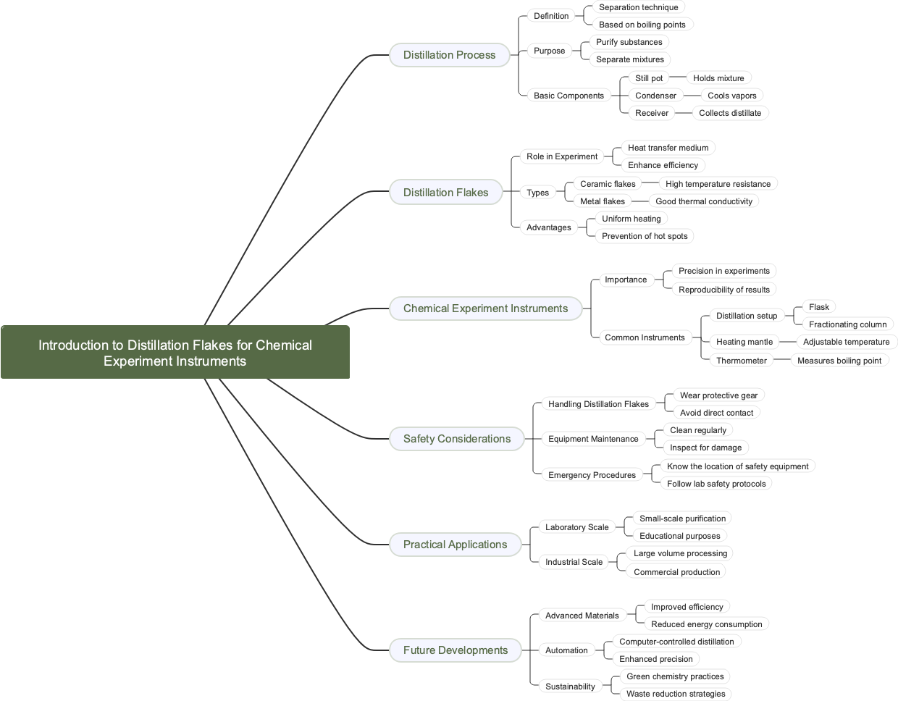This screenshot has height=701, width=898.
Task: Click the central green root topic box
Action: (x=175, y=353)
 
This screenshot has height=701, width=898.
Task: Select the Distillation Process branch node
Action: (x=449, y=55)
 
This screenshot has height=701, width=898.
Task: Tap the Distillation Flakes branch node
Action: (x=445, y=193)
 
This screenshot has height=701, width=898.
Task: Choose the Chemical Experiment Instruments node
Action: (x=485, y=308)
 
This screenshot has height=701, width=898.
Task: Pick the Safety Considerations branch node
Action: (x=456, y=439)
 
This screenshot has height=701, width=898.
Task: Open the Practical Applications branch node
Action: (x=455, y=545)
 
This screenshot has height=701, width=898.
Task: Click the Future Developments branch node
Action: (x=455, y=650)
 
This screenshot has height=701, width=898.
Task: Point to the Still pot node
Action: (x=649, y=78)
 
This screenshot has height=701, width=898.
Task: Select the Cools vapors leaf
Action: (x=731, y=96)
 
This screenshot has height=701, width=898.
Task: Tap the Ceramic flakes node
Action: (x=608, y=184)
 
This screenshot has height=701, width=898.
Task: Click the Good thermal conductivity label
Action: (x=704, y=201)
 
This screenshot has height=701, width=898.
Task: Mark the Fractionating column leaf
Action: (x=847, y=324)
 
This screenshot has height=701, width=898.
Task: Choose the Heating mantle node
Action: (x=744, y=342)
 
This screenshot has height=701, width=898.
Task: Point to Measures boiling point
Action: (x=839, y=361)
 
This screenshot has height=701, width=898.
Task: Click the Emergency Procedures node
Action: (x=592, y=475)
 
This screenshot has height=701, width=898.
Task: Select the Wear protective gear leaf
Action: (x=718, y=395)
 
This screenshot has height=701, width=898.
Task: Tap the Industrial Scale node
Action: (x=574, y=562)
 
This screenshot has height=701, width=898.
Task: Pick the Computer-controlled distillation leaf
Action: (x=676, y=642)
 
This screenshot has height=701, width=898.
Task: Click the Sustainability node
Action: (x=570, y=687)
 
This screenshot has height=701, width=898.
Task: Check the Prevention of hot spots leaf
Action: (x=645, y=236)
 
